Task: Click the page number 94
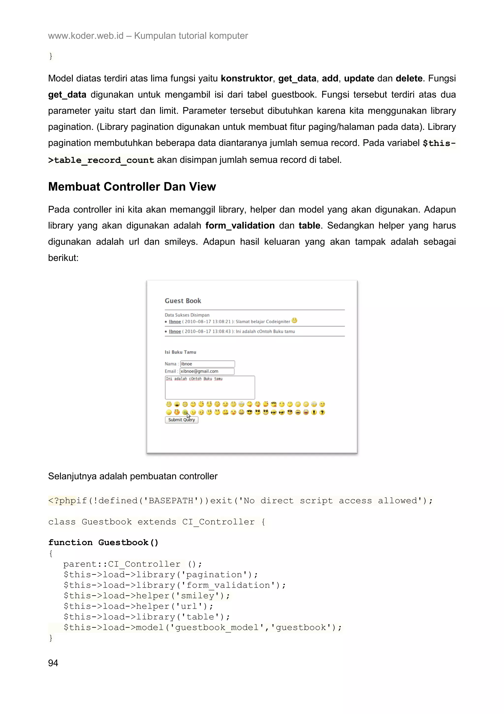53,663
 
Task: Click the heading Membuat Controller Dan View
132,187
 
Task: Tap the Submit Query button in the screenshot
181,420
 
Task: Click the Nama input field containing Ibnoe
207,364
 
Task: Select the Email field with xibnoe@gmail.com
207,371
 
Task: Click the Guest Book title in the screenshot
183,301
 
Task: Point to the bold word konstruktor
247,78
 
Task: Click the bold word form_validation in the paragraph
240,225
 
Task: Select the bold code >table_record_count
101,160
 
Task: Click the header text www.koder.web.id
86,36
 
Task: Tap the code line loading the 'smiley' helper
147,595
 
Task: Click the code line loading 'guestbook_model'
203,627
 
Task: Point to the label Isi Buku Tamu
180,352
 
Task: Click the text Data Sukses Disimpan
187,315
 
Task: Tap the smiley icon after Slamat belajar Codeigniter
294,320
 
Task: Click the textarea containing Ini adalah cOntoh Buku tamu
210,388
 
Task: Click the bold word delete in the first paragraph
409,78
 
